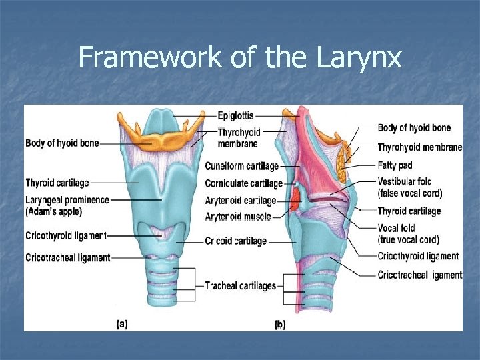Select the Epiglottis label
click(236, 116)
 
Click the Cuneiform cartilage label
click(241, 167)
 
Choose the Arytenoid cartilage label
click(240, 200)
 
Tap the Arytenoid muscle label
click(238, 216)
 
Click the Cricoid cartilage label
click(236, 241)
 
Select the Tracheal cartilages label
click(240, 286)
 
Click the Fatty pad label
click(395, 165)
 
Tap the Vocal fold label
click(397, 228)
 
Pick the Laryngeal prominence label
click(67, 199)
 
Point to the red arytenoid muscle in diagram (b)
click(293, 200)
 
